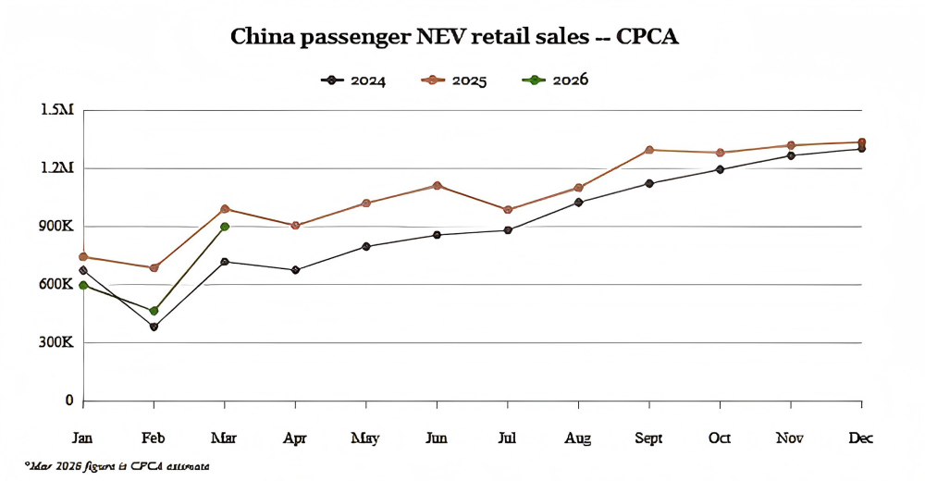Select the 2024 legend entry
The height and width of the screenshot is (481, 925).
353,80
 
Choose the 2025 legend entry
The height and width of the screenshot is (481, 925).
454,80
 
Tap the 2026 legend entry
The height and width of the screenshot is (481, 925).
555,80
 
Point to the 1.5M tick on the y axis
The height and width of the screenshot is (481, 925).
56,110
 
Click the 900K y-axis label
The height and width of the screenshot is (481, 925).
55,227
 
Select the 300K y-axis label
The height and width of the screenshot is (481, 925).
55,342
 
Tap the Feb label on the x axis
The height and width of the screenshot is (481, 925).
154,438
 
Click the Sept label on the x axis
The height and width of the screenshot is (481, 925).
648,438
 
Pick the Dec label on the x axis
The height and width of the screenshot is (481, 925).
860,438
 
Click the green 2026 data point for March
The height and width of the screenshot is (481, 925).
225,227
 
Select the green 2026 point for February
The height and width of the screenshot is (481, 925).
154,311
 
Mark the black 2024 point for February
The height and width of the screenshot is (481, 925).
154,327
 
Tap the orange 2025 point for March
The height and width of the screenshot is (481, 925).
225,209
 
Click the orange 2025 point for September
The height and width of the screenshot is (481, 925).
649,150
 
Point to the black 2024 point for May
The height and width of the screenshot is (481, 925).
366,246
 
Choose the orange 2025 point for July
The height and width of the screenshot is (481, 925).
508,210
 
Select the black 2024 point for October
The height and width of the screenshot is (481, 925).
721,169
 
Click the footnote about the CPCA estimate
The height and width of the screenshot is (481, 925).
117,465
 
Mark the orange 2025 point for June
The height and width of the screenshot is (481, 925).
437,186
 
